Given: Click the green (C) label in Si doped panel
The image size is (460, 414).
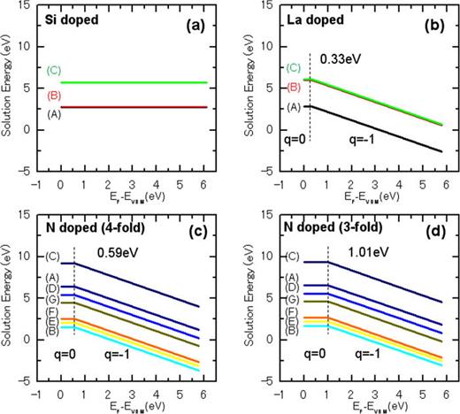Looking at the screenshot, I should tap(53, 69).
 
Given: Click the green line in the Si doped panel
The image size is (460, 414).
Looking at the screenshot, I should tap(133, 82).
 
